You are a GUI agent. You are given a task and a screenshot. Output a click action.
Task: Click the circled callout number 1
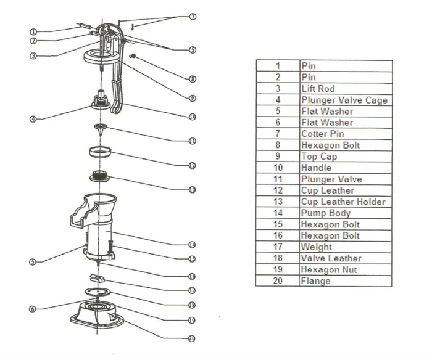[33, 31]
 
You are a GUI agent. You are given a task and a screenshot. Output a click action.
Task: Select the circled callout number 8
[193, 78]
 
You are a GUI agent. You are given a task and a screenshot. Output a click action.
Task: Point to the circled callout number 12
[193, 165]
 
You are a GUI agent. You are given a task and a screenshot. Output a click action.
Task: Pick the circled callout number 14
[193, 243]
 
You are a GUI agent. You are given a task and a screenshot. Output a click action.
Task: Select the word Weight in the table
[317, 247]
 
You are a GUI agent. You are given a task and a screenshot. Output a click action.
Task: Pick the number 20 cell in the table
[278, 280]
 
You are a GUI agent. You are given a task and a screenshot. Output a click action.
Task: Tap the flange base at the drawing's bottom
[99, 314]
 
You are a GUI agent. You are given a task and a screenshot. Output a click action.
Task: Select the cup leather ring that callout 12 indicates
[100, 150]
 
